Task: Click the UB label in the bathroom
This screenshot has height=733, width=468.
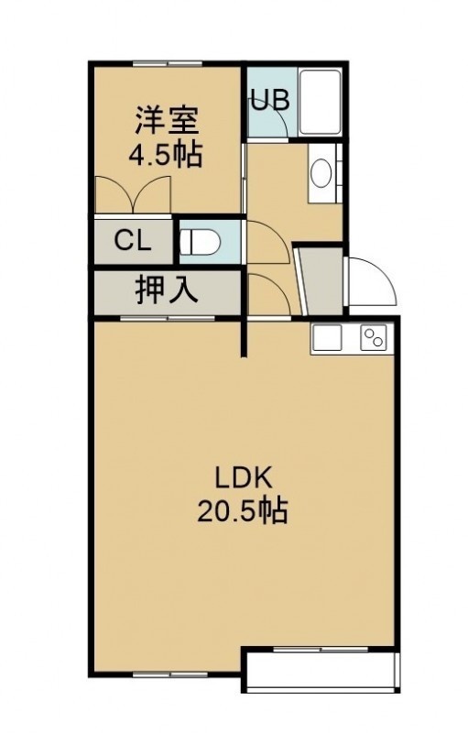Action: coord(270,100)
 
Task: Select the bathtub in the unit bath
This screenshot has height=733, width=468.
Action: coord(320,102)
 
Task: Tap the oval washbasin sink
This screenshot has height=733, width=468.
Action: coord(321,173)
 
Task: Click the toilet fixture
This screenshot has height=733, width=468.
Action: coord(200,243)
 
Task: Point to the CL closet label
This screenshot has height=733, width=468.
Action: coord(133,241)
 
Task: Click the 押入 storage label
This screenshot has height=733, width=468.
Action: coord(167,290)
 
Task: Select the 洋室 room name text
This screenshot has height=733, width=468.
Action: coord(167,121)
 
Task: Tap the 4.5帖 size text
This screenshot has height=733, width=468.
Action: coord(166,155)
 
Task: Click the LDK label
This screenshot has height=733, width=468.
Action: coord(243,477)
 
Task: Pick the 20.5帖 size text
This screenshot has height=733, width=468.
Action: coord(242,510)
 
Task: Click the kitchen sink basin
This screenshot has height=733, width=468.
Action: coord(327,337)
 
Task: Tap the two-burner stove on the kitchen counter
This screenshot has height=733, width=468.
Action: coord(373,337)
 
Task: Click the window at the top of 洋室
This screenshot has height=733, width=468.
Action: coord(168,63)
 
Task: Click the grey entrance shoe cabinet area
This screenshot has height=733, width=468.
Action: coord(322,281)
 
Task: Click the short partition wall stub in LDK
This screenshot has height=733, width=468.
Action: coord(244,337)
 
